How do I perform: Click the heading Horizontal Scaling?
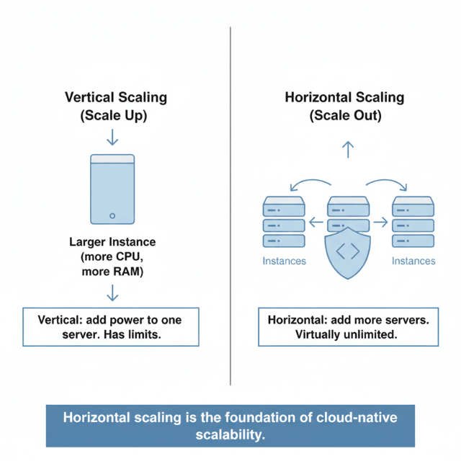[345, 97]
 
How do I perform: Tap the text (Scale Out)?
[345, 115]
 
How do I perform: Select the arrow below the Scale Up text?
[112, 136]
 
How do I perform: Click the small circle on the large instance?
[112, 215]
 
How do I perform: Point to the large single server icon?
[112, 189]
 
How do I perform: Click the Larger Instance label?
[112, 242]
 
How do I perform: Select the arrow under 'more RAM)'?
[112, 292]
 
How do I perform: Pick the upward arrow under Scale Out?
[348, 149]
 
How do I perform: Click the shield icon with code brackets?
[348, 252]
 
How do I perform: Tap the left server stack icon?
[283, 223]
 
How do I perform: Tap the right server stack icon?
[413, 223]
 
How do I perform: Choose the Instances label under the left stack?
[283, 261]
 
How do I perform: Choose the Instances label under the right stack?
[413, 261]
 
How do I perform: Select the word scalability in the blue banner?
[230, 434]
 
